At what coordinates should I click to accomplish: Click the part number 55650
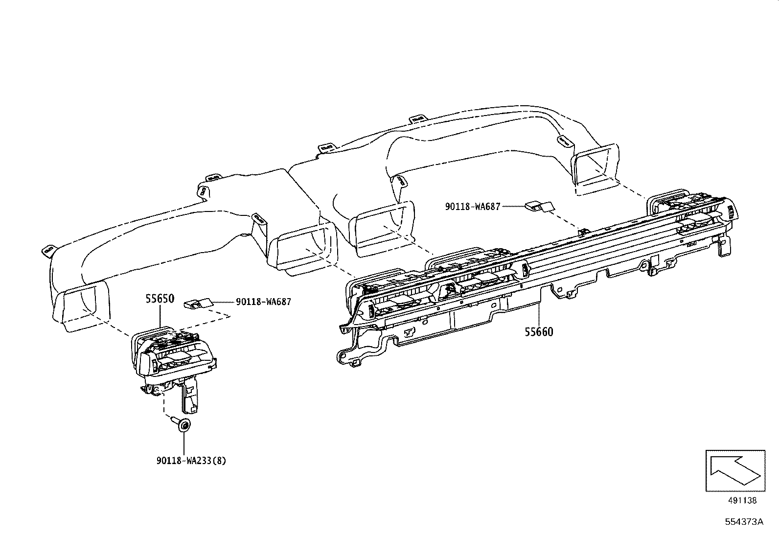160,299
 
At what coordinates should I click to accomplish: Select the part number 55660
539,332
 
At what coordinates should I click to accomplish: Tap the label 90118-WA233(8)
191,461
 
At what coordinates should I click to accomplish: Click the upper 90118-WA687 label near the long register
473,207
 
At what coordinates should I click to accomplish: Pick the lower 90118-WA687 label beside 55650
263,302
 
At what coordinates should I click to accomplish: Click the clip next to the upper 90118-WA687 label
539,206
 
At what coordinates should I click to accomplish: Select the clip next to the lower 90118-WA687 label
198,304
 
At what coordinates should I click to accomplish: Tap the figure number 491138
742,500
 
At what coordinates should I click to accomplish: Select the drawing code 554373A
744,521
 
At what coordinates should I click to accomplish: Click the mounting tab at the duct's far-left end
47,251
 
